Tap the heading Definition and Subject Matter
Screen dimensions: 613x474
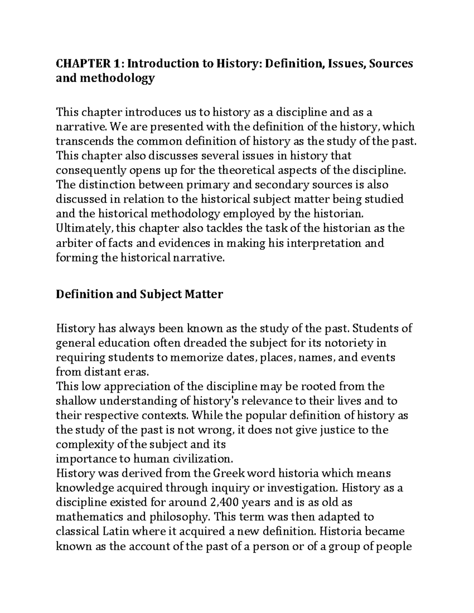139,294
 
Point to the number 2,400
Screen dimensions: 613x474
220,502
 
